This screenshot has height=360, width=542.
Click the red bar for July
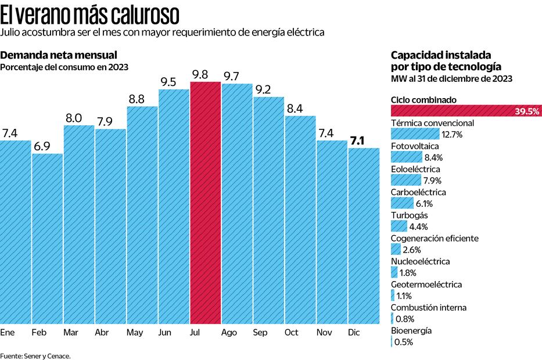tap(205, 203)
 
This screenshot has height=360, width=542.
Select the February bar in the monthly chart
tap(47, 238)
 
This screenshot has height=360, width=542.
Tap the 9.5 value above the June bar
tap(168, 82)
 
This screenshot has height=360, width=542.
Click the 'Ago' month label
tap(229, 333)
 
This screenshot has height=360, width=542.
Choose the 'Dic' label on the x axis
tap(353, 333)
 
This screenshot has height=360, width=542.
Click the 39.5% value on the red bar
tap(527, 111)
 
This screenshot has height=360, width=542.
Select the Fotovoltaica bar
tap(407, 157)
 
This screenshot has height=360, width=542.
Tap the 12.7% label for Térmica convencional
tap(452, 134)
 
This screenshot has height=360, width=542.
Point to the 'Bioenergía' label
tap(411, 330)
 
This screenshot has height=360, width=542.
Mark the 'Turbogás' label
tap(410, 215)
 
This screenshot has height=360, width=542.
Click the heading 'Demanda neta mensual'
tap(59, 55)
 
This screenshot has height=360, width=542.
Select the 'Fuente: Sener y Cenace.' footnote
tap(35, 355)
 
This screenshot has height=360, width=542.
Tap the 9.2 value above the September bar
tap(263, 89)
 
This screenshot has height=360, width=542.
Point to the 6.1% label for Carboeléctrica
tap(423, 203)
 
